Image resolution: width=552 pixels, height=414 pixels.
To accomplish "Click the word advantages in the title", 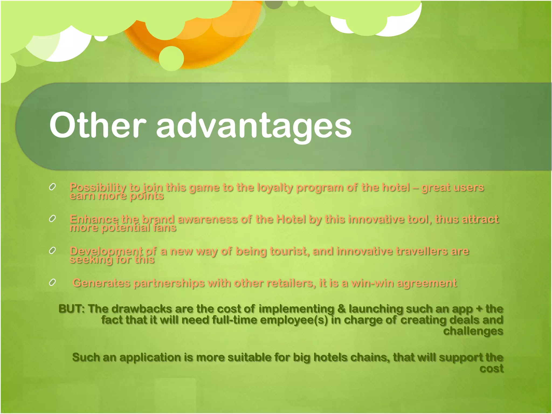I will point(254,127).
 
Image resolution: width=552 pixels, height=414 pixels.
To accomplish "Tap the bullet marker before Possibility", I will point(52,187).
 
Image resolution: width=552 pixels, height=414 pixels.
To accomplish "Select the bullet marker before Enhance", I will point(52,219).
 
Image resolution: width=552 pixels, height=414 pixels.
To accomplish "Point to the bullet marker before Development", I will point(52,251).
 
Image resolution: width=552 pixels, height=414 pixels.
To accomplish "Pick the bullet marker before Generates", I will point(52,282).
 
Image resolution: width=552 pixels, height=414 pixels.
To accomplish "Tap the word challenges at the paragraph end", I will point(473,331).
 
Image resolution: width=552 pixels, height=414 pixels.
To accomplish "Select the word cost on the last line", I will point(491,368).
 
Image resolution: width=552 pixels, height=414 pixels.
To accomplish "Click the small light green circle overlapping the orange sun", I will point(171,58).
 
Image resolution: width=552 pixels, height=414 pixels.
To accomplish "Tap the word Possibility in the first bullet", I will point(98,188).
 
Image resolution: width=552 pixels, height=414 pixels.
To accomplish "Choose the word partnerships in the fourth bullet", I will point(169,283).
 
